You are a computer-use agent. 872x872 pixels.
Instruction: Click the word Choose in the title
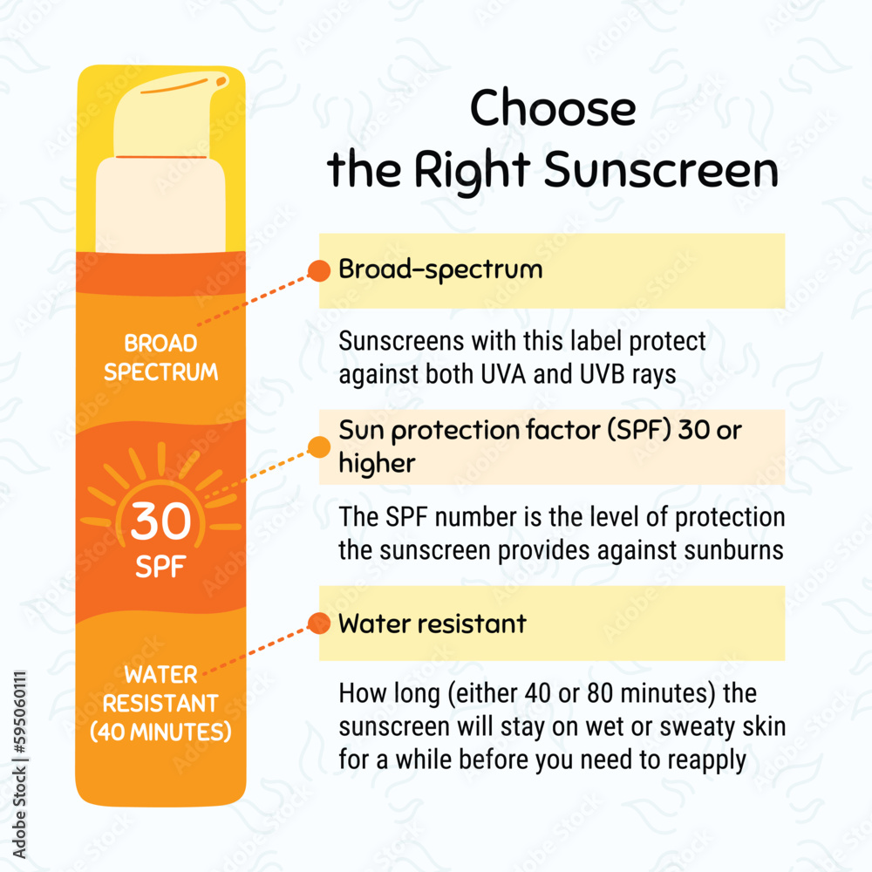(x=553, y=108)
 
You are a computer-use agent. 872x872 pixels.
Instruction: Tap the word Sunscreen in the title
(x=661, y=170)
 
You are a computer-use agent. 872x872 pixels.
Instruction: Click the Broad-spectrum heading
(x=440, y=269)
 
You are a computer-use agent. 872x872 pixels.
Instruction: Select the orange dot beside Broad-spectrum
(x=319, y=271)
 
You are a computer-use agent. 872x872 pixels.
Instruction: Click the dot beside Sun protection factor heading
(x=319, y=447)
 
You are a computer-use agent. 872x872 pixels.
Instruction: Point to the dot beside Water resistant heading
(x=319, y=623)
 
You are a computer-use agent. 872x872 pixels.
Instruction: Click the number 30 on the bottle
(x=160, y=521)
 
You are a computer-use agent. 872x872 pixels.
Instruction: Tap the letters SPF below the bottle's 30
(x=160, y=567)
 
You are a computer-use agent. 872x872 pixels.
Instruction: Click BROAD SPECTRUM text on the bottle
(x=160, y=357)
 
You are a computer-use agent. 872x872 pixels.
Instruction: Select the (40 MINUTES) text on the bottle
(x=160, y=732)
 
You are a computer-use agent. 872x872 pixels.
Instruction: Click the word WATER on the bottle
(x=160, y=675)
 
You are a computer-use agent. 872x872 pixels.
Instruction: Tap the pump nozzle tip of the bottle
(x=222, y=81)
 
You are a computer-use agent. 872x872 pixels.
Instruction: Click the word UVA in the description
(x=503, y=374)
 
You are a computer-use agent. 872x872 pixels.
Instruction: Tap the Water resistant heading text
(x=433, y=623)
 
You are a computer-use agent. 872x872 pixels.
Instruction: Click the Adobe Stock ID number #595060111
(x=19, y=712)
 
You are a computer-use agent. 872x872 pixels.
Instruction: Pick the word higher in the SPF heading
(x=377, y=463)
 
